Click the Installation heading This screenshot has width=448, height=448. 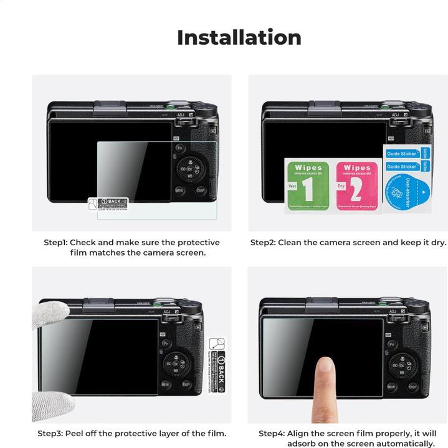pos(239,37)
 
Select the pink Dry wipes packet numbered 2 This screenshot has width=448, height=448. pos(357,186)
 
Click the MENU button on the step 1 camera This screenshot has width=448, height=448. pos(179,190)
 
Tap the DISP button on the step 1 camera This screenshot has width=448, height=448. pos(201,190)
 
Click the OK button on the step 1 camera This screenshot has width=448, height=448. pos(191,169)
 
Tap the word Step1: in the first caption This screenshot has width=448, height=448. pos(55,243)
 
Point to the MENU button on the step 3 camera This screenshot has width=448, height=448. pos(166,385)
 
